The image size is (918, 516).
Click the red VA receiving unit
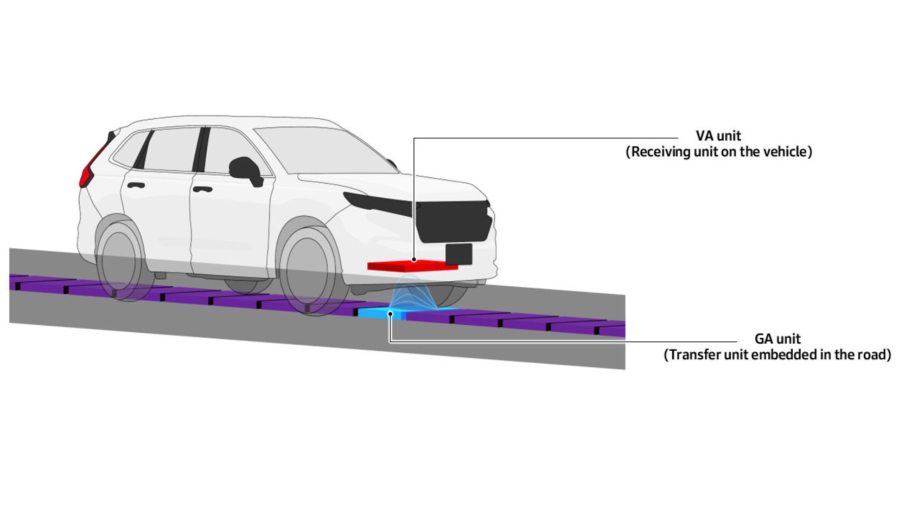(412, 266)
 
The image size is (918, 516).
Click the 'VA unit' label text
(718, 136)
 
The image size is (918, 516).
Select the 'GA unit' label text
(777, 339)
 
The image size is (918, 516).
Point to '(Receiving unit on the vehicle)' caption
(719, 152)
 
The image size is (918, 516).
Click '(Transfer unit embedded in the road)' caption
(777, 354)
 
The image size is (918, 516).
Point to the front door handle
(202, 189)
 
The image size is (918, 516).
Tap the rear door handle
(136, 185)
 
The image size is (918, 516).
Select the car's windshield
(324, 150)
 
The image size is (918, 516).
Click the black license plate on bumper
(459, 254)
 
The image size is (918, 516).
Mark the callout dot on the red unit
(414, 260)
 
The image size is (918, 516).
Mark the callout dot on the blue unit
(391, 314)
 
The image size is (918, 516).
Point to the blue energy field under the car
(411, 293)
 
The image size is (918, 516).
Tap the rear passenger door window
(170, 150)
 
